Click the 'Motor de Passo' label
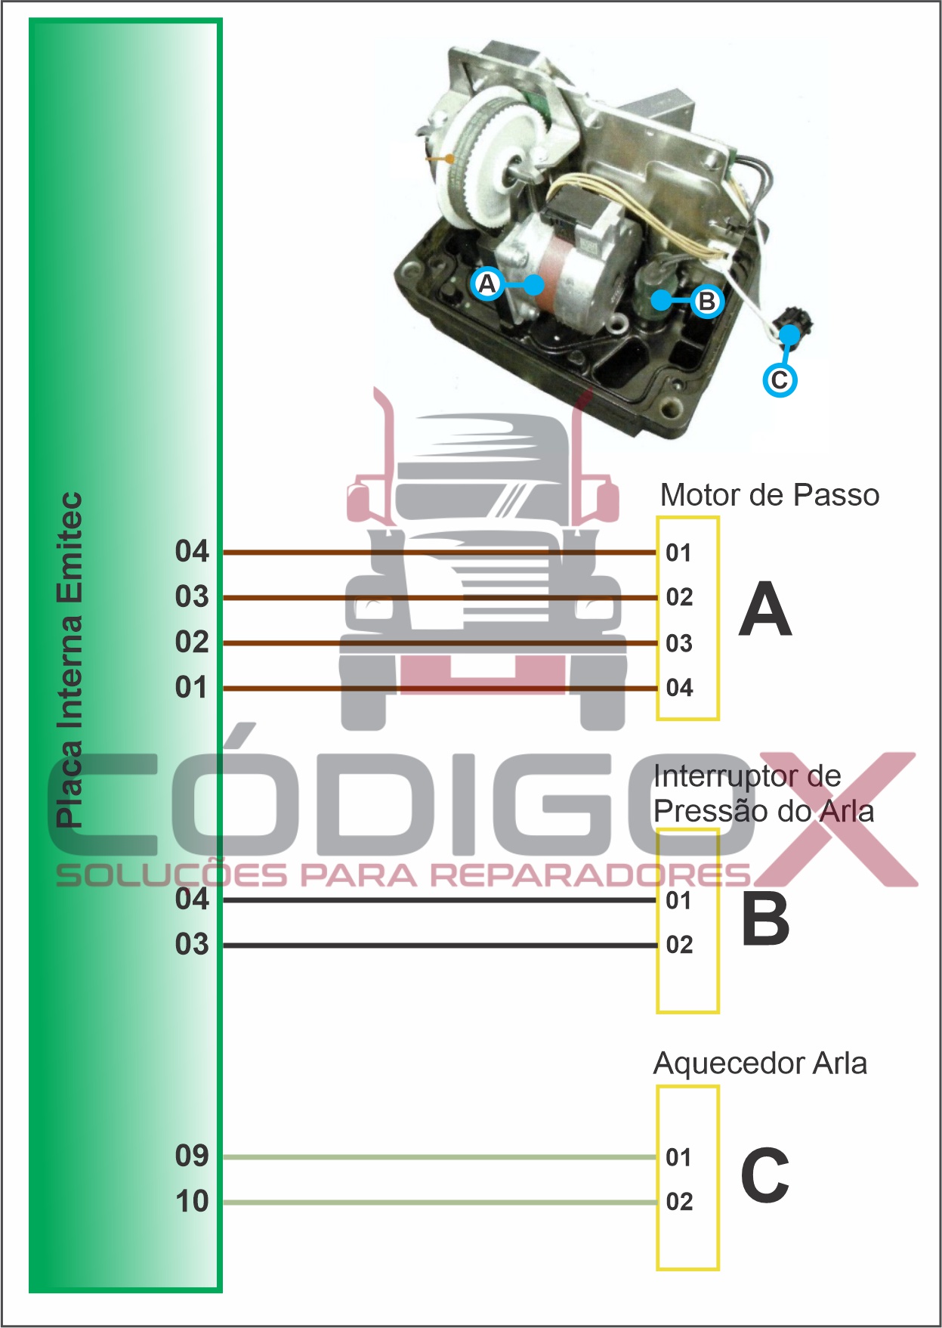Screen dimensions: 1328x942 (769, 495)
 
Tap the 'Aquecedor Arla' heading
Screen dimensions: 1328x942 (759, 1063)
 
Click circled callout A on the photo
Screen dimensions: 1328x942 (487, 284)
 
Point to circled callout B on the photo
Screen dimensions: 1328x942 (706, 302)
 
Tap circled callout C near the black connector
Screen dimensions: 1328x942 (780, 379)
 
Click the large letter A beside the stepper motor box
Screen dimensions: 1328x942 (764, 610)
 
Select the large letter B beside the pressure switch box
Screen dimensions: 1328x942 (764, 919)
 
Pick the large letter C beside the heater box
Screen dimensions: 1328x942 (764, 1176)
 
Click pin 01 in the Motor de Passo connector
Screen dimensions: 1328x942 (678, 553)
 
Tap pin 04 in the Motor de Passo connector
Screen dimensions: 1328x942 (679, 688)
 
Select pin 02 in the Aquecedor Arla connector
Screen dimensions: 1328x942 (679, 1202)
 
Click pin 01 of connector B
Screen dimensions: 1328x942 (678, 901)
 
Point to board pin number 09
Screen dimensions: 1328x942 (192, 1156)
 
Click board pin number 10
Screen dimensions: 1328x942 (192, 1202)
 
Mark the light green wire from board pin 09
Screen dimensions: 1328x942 (438, 1157)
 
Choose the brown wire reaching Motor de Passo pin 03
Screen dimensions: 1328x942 (438, 643)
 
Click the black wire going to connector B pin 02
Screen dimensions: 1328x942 (438, 946)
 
